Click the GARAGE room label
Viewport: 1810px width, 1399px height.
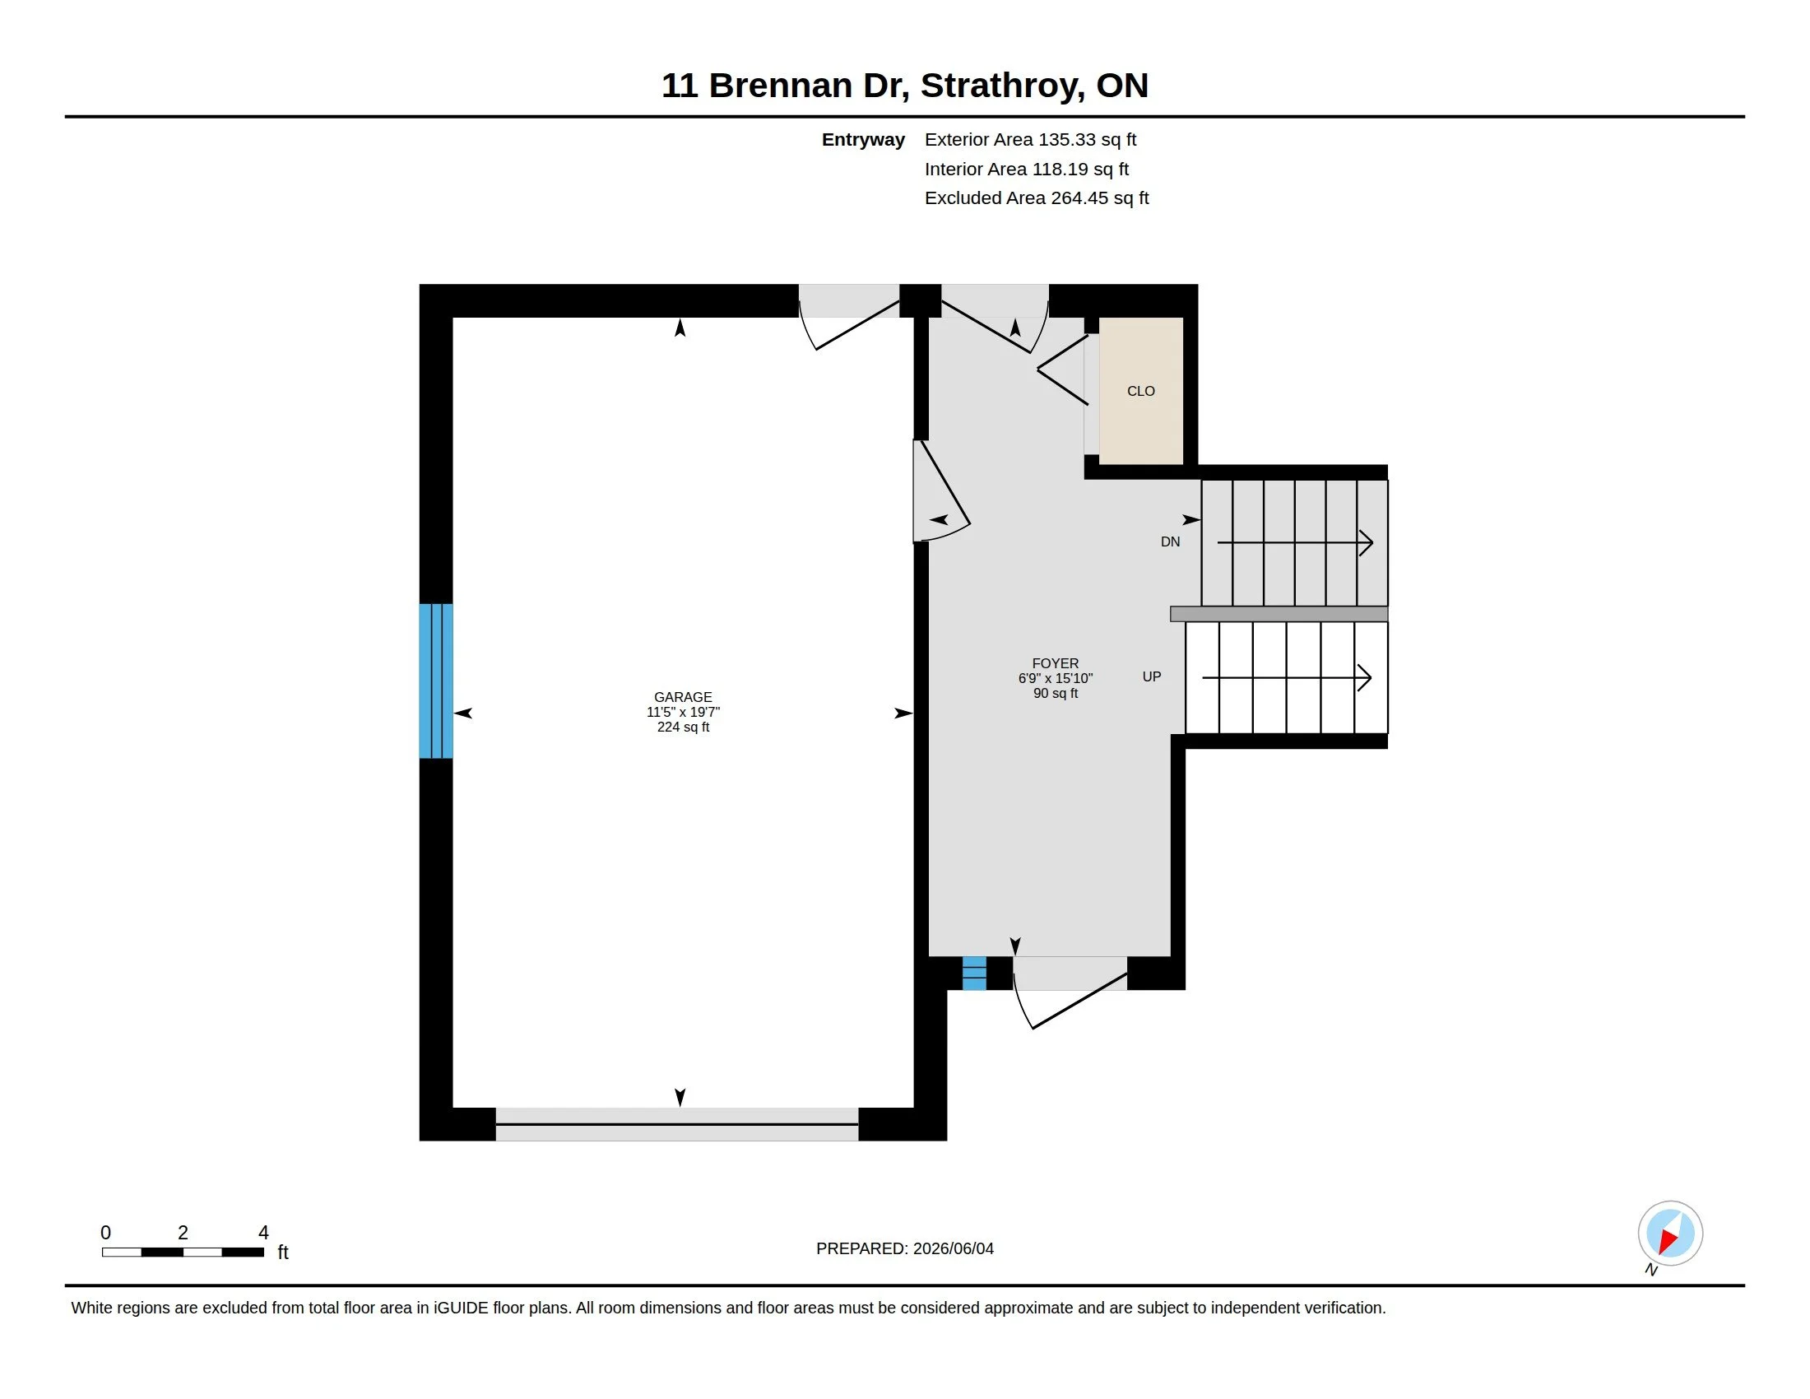click(683, 697)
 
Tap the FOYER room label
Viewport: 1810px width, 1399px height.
click(1055, 663)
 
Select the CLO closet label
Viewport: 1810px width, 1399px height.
click(1140, 390)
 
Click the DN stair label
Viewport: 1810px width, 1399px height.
click(1170, 541)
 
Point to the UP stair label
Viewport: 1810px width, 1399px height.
click(1151, 676)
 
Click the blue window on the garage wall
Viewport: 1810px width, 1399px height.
click(436, 681)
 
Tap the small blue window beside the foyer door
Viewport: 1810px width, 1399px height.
click(974, 973)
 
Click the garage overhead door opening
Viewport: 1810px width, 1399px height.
click(677, 1124)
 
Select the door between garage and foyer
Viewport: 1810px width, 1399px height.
click(940, 490)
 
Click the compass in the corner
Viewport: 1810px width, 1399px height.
click(1670, 1234)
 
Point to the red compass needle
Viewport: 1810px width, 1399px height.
click(1667, 1241)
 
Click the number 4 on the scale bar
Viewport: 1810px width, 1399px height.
click(263, 1233)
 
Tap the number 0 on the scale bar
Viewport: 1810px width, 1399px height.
click(105, 1233)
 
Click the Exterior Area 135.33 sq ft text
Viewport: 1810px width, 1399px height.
click(1030, 139)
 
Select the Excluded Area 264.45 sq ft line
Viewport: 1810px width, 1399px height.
click(1037, 198)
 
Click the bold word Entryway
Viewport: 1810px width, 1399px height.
click(863, 139)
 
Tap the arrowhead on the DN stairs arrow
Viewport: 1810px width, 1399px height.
click(1366, 543)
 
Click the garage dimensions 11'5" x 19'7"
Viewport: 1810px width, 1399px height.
click(683, 712)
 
